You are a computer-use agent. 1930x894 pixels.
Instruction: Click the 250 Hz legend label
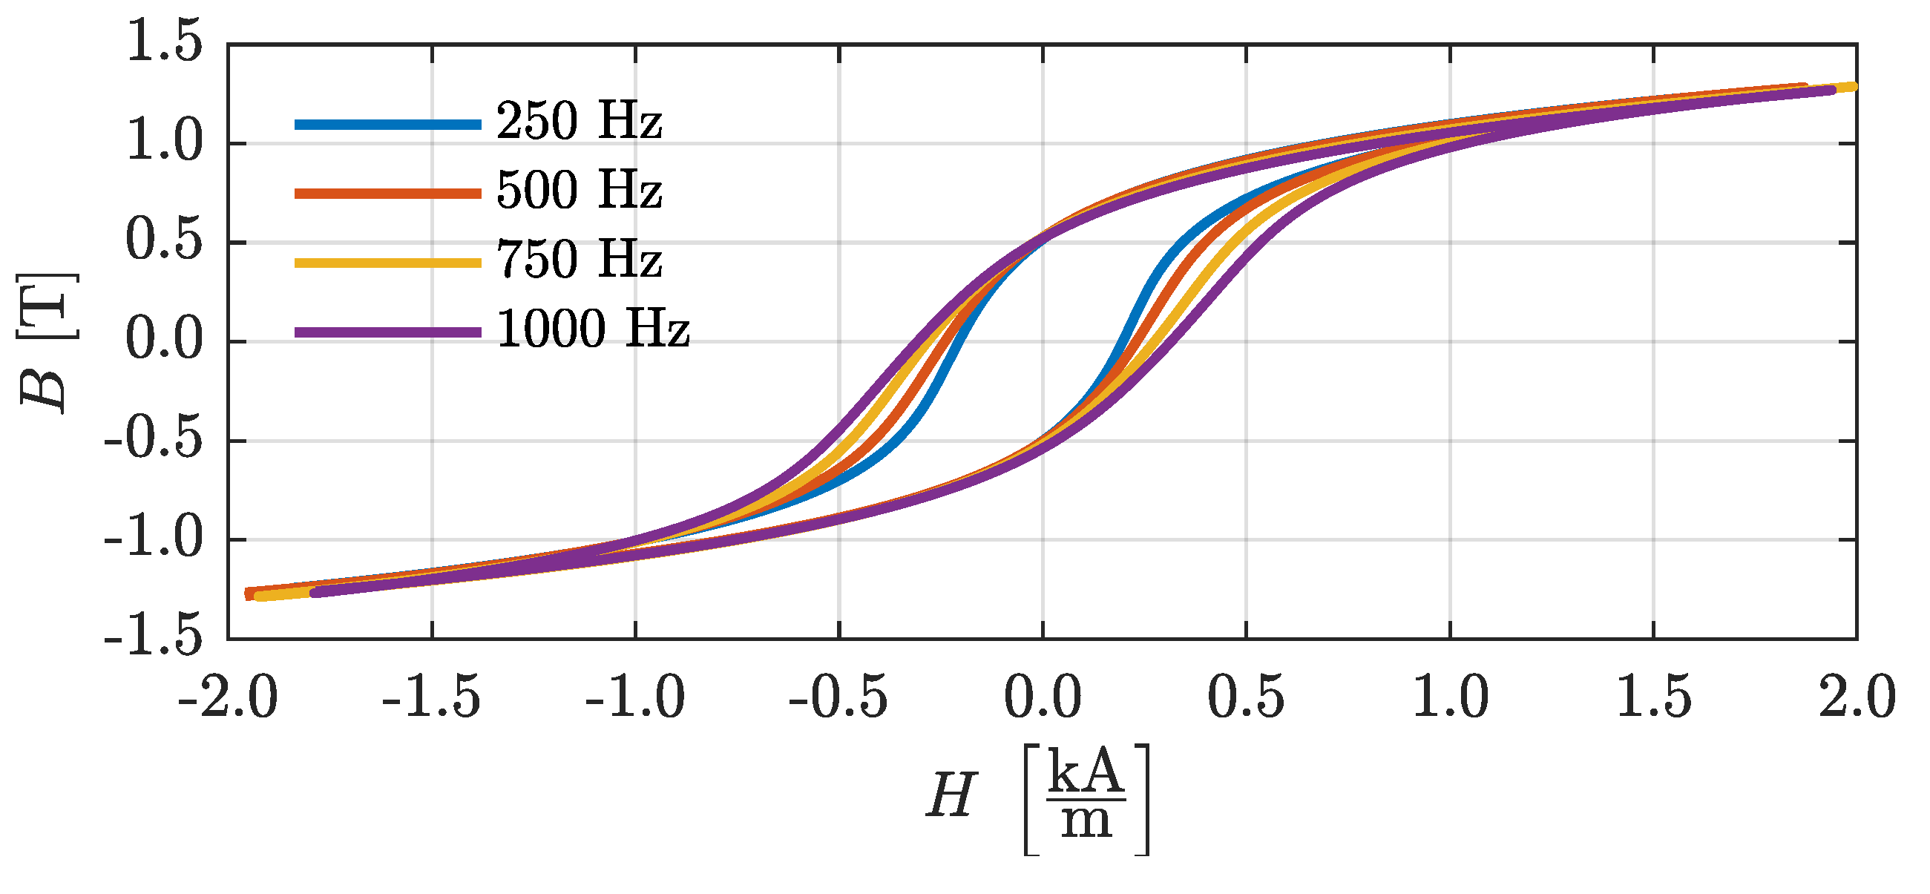(580, 122)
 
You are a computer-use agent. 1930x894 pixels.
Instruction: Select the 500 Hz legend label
(580, 191)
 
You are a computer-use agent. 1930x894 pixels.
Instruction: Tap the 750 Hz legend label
(580, 260)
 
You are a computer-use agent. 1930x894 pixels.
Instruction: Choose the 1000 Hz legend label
(593, 329)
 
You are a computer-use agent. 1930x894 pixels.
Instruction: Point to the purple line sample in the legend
(387, 332)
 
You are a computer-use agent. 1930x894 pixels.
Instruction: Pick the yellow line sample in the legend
(387, 263)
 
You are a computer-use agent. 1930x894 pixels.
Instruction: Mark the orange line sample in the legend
(387, 194)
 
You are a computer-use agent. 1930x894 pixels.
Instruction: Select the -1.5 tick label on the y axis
(154, 639)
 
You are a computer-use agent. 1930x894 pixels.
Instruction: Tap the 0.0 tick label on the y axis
(164, 341)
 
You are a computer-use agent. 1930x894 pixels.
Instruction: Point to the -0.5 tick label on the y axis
(154, 441)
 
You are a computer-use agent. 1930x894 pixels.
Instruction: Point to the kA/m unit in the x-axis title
(1086, 799)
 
